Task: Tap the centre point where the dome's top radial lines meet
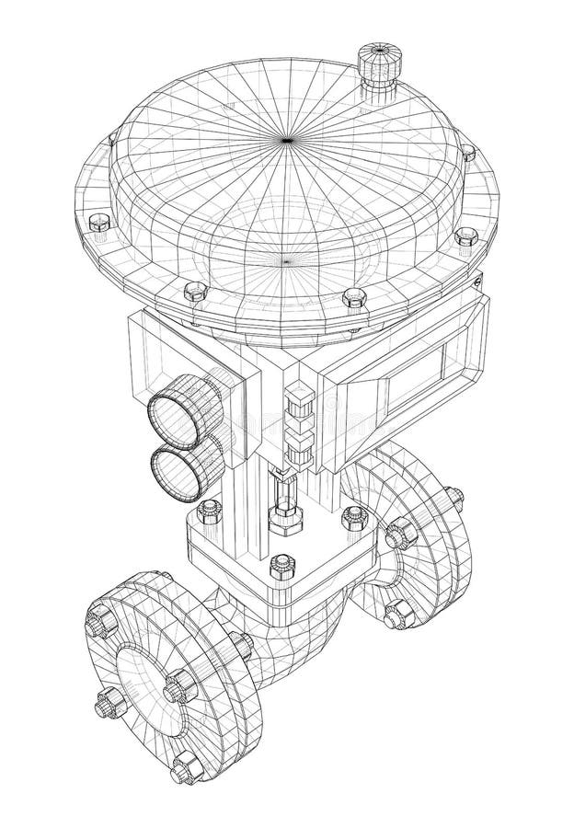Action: tap(287, 140)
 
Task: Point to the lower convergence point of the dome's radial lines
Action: tap(287, 260)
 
